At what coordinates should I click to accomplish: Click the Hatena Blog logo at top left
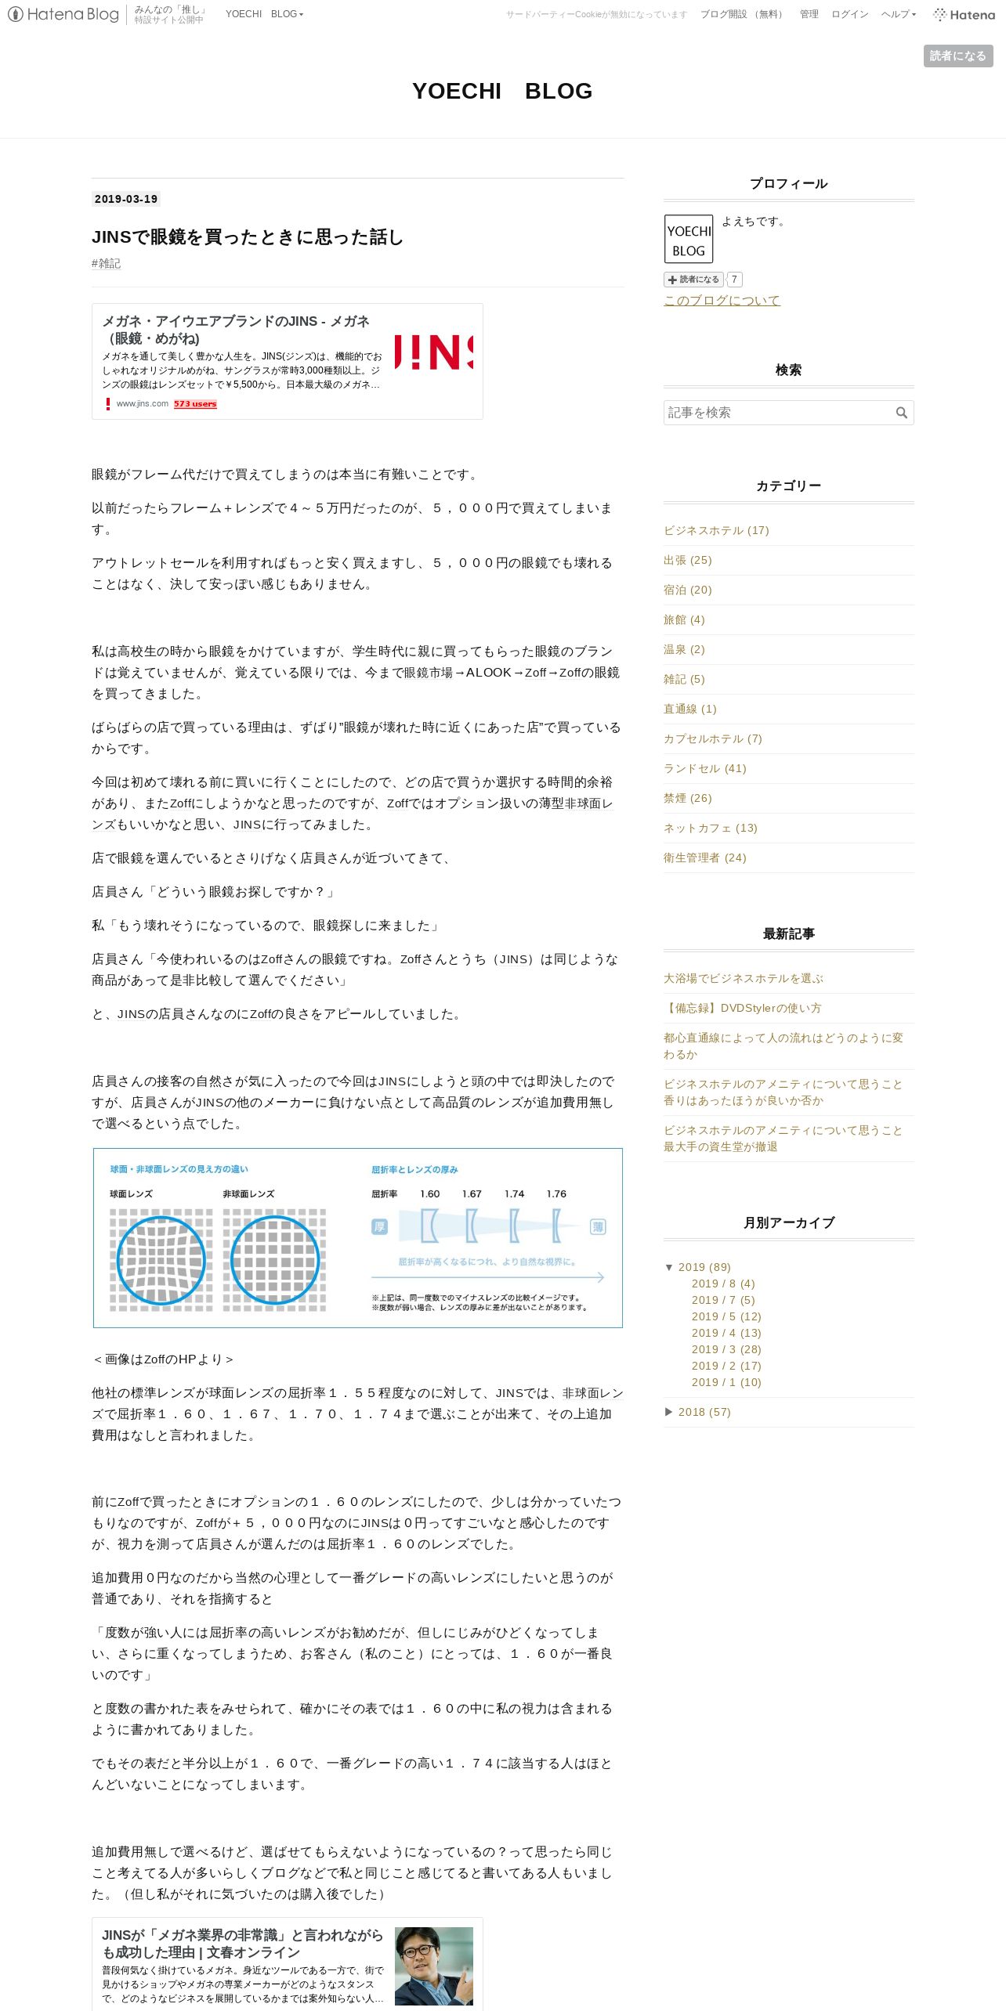tap(63, 14)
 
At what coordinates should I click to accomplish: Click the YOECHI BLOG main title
tap(502, 91)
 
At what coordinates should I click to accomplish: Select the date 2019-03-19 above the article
tap(126, 199)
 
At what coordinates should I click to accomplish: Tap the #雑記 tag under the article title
tap(107, 263)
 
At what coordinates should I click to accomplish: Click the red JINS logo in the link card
tap(433, 352)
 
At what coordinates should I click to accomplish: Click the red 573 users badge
tap(195, 404)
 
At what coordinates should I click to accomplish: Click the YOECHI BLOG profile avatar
tap(689, 239)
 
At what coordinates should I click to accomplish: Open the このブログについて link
tap(722, 300)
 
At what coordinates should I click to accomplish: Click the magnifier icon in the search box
tap(901, 413)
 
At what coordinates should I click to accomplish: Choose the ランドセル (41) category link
tap(704, 768)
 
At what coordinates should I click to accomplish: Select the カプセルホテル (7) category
tap(712, 738)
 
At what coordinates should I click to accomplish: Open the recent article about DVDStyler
tap(742, 1008)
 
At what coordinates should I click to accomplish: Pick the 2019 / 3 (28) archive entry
tap(726, 1349)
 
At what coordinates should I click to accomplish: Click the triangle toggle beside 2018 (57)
tap(668, 1412)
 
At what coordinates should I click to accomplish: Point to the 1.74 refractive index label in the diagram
tap(514, 1194)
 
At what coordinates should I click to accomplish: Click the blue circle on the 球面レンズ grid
tap(161, 1260)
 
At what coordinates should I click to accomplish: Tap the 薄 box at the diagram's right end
tap(598, 1227)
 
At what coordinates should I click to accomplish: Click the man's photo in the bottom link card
tap(433, 1966)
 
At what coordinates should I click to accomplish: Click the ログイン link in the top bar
tap(849, 14)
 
